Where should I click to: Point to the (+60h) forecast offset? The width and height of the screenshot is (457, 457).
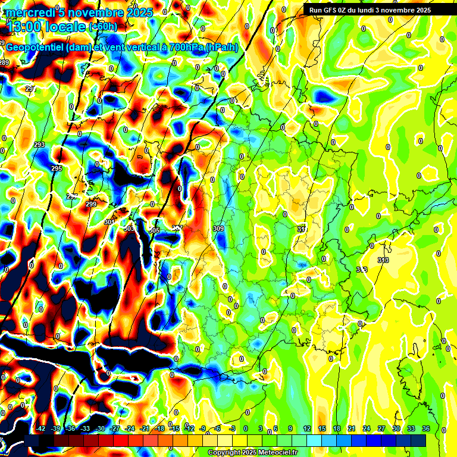104,26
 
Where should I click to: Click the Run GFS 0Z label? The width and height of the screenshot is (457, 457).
337,10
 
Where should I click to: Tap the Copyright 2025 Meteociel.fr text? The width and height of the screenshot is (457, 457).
253,452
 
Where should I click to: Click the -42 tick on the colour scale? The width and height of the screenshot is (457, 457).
41,428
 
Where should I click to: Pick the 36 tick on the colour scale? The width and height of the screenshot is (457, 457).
426,428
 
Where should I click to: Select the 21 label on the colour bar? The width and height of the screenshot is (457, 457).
352,428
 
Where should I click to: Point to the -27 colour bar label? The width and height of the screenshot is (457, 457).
115,428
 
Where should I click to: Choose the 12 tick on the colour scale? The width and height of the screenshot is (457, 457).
307,428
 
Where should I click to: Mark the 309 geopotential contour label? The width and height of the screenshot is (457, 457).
218,228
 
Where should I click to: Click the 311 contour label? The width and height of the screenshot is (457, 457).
302,228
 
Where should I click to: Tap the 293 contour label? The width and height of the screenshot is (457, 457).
39,145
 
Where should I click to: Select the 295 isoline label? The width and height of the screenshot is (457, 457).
57,169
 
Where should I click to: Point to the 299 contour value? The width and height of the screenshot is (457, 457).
91,204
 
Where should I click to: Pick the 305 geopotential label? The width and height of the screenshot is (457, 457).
154,230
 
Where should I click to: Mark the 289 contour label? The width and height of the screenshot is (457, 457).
5,62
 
